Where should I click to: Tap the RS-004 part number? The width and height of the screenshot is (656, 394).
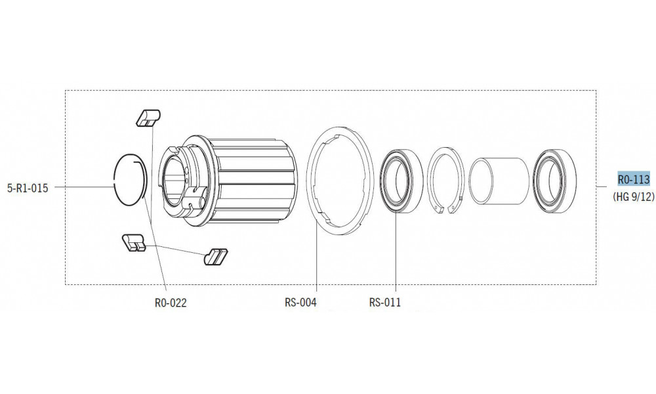(301, 303)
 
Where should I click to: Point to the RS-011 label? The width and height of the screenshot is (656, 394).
(385, 303)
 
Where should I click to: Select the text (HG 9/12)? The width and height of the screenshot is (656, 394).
(633, 196)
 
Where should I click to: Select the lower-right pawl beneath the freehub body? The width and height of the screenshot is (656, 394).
(216, 255)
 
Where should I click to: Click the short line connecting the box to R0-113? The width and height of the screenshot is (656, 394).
(604, 187)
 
